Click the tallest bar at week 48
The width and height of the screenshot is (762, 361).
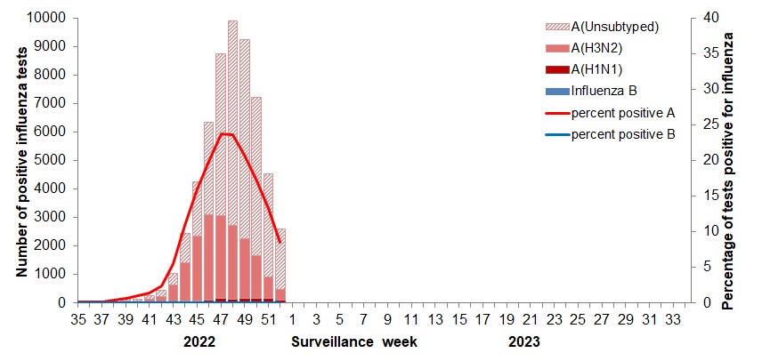click(x=232, y=160)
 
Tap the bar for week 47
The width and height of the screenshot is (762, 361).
click(x=221, y=178)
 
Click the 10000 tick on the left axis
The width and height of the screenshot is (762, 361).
click(x=45, y=18)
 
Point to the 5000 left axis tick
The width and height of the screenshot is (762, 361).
click(x=48, y=160)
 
